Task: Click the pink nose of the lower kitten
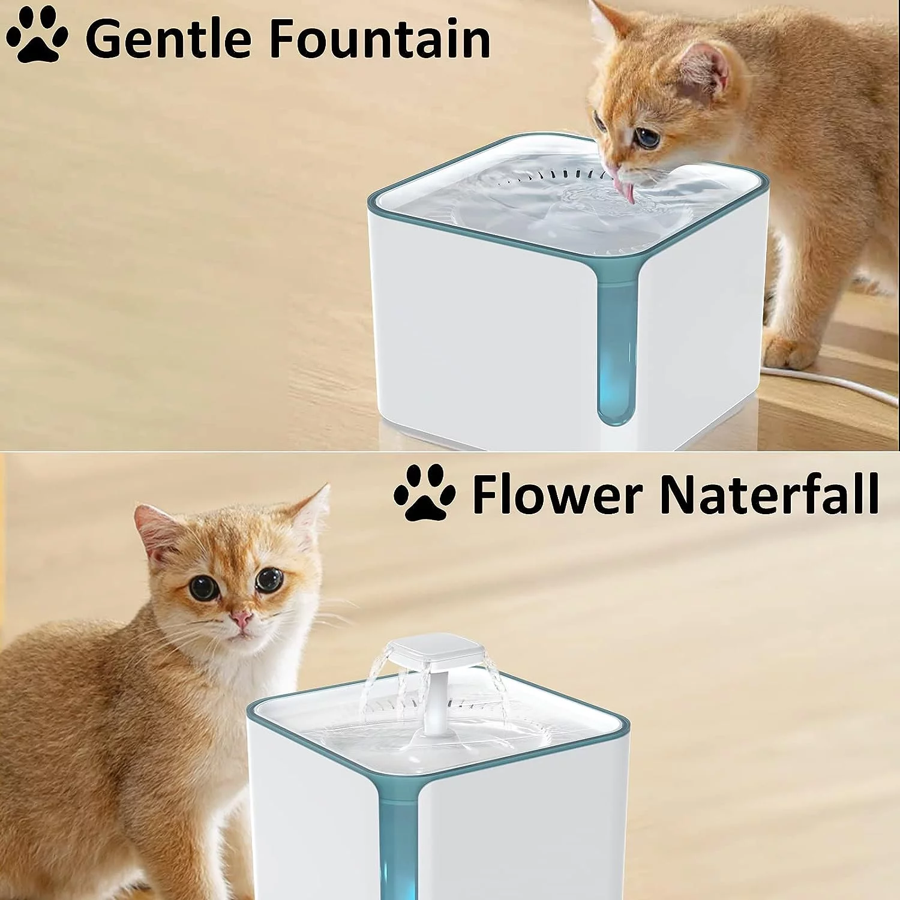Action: tap(241, 617)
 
